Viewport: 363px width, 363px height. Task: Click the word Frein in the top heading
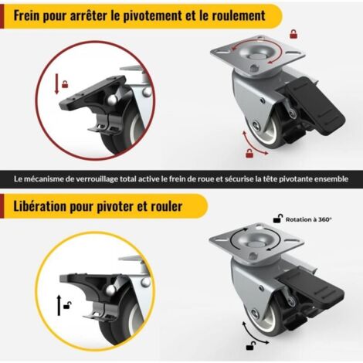tap(26, 16)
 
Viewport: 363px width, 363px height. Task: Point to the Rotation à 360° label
tap(309, 219)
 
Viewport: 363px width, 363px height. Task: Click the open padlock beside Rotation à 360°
tap(278, 219)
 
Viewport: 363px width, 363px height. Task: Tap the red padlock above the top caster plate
tap(293, 34)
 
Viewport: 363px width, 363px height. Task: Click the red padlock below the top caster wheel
tap(249, 153)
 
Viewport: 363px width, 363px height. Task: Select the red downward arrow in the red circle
tap(56, 83)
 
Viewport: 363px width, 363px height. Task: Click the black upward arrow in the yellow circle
tap(59, 306)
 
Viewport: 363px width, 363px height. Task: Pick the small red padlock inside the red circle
tap(65, 84)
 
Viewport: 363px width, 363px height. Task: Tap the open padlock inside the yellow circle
tap(67, 306)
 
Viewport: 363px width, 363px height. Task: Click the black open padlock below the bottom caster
tap(251, 346)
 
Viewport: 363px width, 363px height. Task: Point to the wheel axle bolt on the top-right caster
tap(256, 125)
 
